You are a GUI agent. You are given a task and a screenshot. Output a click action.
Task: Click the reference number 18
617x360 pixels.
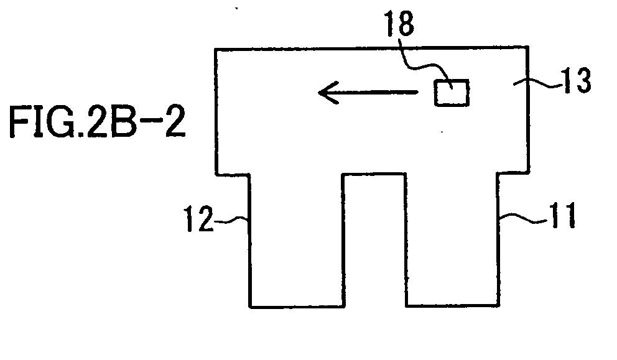(399, 23)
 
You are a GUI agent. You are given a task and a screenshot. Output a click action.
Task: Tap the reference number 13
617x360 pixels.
(577, 80)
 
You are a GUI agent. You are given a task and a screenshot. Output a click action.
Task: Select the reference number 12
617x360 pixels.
(198, 219)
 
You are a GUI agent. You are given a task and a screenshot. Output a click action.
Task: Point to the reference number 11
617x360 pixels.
(563, 215)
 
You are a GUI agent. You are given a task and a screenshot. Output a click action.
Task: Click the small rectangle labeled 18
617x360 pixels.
(452, 93)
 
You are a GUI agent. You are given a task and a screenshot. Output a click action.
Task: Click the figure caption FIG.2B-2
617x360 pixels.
(97, 122)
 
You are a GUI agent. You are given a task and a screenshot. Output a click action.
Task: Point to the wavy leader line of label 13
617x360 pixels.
(538, 82)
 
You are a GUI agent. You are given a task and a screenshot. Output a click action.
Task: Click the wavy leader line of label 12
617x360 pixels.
(231, 219)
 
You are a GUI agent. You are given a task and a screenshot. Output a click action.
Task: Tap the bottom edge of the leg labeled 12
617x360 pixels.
(297, 307)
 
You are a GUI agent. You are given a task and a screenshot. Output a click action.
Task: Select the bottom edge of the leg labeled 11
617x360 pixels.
(453, 305)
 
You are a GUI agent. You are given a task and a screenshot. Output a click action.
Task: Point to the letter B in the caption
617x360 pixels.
(122, 122)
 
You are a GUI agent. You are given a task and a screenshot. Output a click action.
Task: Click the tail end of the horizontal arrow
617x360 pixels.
(418, 93)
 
